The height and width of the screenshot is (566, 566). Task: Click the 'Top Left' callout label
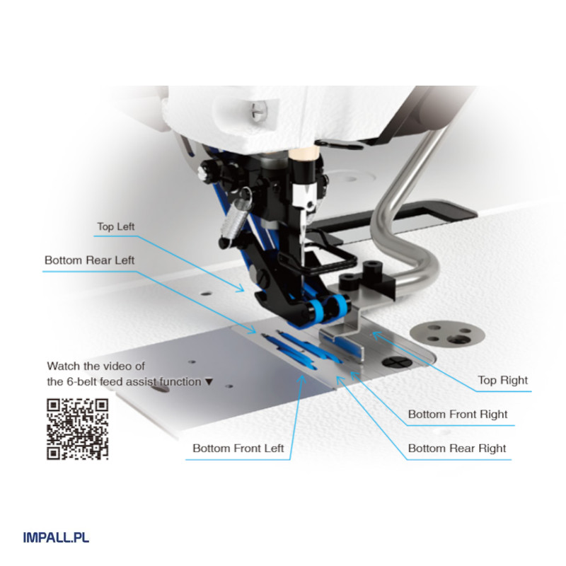pos(115,226)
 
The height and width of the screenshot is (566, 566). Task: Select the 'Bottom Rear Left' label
pos(89,260)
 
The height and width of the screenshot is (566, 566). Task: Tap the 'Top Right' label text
pos(502,380)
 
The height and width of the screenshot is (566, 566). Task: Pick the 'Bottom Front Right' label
pos(458,414)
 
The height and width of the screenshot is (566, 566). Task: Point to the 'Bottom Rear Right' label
pos(457,449)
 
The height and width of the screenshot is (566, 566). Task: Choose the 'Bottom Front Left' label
pos(238,449)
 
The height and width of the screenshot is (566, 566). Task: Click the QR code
pos(78,429)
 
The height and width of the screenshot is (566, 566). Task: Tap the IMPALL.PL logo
pos(56,538)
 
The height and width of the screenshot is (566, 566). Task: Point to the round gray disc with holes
pos(447,334)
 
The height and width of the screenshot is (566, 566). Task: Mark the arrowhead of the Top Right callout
pos(376,335)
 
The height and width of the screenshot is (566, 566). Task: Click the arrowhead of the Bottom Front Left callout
pos(302,379)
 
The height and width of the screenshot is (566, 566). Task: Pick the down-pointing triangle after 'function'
pos(209,381)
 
